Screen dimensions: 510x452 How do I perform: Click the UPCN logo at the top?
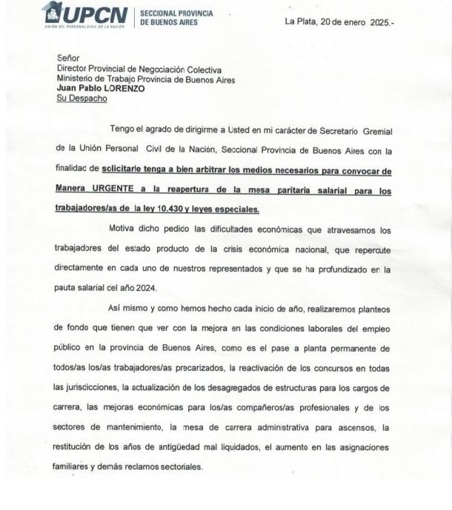(x=85, y=16)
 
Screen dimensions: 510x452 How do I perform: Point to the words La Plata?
(x=301, y=21)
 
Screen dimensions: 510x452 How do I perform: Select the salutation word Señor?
(x=69, y=58)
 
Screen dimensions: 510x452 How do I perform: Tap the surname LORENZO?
(x=122, y=88)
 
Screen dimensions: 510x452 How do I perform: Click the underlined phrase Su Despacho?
(x=82, y=98)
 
